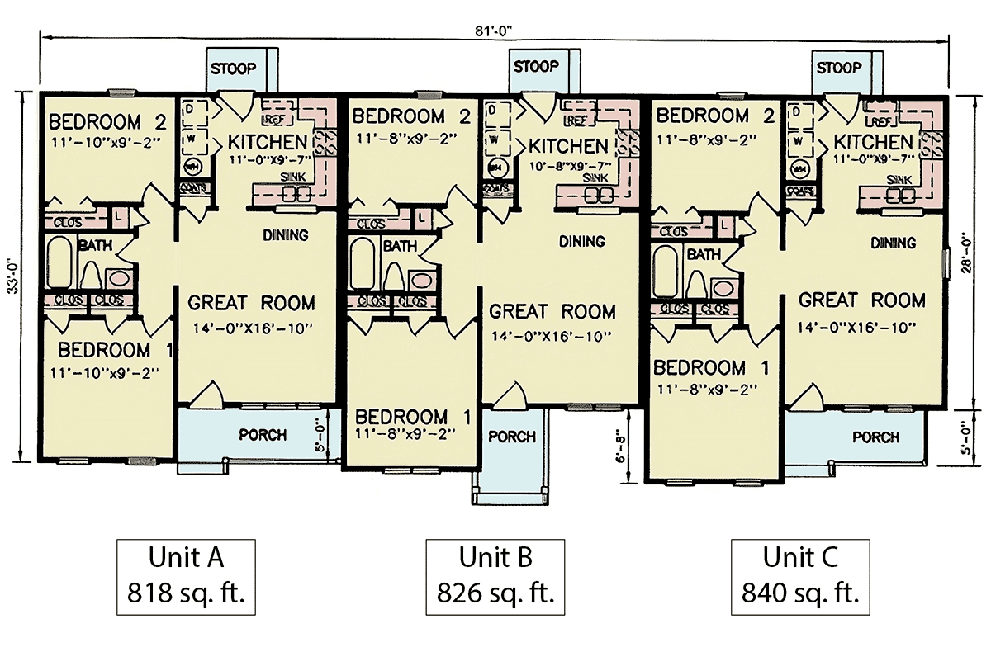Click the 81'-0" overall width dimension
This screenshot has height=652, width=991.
495,31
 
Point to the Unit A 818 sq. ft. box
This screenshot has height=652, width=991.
186,574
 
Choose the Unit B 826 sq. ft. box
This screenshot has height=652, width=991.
495,574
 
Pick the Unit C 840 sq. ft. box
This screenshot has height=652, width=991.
799,574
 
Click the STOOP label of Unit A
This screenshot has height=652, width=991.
232,68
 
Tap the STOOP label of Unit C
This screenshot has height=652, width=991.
838,68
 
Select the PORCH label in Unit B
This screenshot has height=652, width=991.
512,437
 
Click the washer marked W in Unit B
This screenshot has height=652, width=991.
494,139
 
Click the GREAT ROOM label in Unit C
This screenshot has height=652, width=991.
861,300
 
